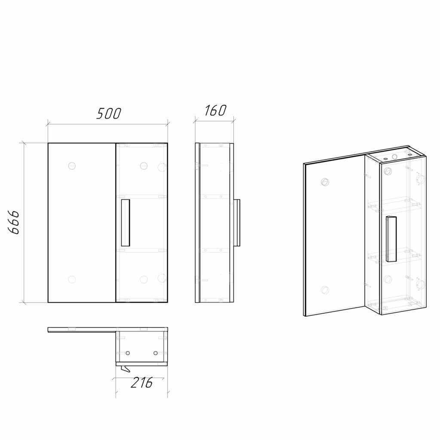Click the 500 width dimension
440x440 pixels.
[109, 113]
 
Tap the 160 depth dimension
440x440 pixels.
[215, 110]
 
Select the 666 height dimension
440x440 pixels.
[13, 222]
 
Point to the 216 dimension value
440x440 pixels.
[141, 382]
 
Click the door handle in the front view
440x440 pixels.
[125, 223]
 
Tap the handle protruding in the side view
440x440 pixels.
[237, 223]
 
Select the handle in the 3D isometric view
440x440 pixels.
[391, 239]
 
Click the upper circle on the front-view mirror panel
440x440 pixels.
[72, 166]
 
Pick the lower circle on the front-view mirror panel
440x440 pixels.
[72, 279]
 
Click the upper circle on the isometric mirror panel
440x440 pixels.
[325, 182]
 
